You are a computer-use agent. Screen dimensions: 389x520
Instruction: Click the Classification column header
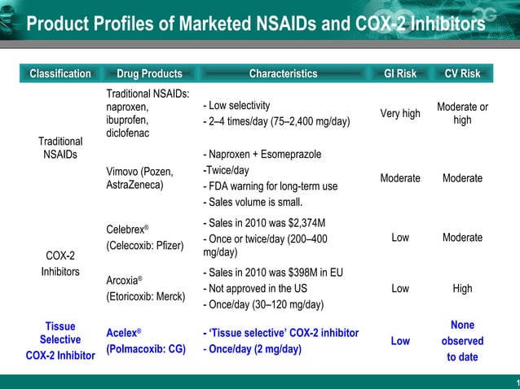tap(60, 74)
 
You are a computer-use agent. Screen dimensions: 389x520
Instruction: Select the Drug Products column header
tap(149, 74)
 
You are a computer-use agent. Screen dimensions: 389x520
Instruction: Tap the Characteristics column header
tap(283, 74)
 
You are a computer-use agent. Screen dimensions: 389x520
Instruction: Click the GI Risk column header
tap(399, 74)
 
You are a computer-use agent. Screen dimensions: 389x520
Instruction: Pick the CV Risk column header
tap(462, 74)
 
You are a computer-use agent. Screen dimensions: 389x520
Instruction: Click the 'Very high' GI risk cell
tap(400, 114)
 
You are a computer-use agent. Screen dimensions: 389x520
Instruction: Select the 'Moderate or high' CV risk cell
tap(462, 114)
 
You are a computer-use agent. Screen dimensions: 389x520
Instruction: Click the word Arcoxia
tap(122, 282)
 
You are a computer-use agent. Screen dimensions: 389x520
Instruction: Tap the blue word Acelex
tap(121, 334)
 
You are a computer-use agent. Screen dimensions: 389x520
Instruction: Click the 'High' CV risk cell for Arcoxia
tap(462, 288)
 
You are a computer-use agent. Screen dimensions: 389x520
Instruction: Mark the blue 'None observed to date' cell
tap(462, 341)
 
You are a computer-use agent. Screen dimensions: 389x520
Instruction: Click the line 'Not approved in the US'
tap(257, 288)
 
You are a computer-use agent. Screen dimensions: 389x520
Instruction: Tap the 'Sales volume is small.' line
tap(252, 202)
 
